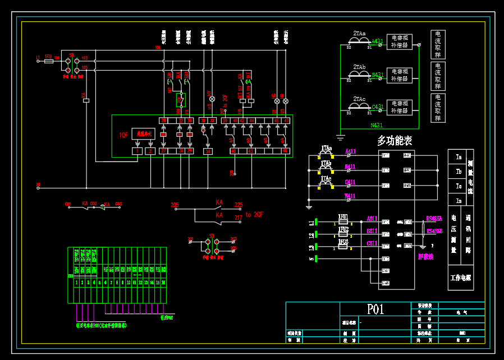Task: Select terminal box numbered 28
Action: [164, 121]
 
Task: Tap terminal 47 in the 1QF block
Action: [286, 121]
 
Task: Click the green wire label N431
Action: [377, 126]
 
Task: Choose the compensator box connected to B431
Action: [400, 75]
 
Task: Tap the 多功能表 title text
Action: [395, 141]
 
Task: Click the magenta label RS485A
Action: [434, 218]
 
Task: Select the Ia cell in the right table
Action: [458, 158]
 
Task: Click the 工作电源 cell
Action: [461, 278]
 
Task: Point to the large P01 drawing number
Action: [375, 310]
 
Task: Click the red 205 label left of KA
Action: [175, 205]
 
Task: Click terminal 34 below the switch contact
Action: [208, 151]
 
